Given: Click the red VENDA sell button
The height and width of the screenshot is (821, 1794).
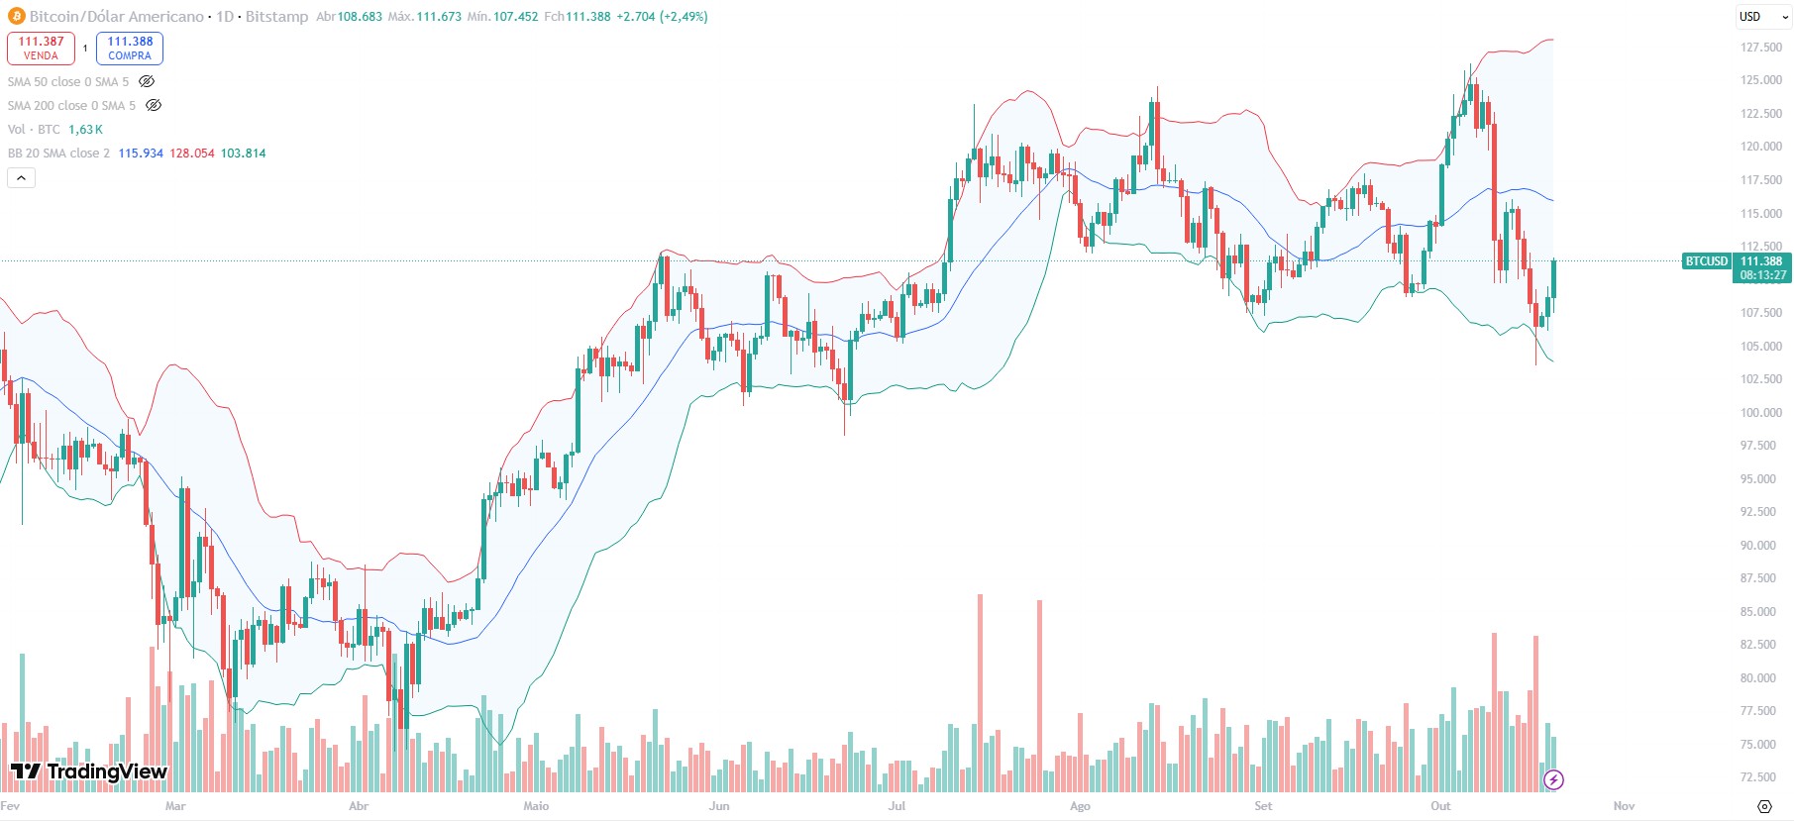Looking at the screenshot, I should pos(41,48).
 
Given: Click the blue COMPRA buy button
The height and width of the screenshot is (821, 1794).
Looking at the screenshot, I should pos(130,48).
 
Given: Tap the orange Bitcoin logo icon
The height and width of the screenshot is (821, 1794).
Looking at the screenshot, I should pos(16,16).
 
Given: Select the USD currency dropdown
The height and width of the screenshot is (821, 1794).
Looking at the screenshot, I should pos(1763,17).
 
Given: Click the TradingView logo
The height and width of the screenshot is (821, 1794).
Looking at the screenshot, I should pos(89,771).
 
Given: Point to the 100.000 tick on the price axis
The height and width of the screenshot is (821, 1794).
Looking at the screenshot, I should pos(1760,413).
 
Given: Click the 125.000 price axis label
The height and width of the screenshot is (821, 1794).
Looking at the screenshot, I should pos(1760,80).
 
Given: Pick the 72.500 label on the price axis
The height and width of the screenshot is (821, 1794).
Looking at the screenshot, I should pos(1760,777).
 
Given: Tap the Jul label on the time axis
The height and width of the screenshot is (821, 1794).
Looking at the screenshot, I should pos(897,806).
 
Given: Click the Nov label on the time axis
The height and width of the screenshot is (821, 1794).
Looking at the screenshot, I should pos(1624,806).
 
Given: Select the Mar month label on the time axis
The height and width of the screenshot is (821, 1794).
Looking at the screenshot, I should pos(175,806).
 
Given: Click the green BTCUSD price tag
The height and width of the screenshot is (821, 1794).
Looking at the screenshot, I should pos(1706,261).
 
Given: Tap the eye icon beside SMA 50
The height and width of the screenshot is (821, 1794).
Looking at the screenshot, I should pos(147,81).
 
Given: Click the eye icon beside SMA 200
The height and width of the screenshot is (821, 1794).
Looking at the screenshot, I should pos(154,105).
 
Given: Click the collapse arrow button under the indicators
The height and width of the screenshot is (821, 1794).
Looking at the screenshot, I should pos(21,177).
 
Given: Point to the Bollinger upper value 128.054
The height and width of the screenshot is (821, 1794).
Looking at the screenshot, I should pos(192,154).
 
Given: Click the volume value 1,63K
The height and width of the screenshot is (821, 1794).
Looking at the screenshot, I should pos(85,130).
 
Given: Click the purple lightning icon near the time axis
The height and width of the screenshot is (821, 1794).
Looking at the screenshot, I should pos(1553,779).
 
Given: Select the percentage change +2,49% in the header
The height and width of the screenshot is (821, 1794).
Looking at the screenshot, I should pos(685,17).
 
